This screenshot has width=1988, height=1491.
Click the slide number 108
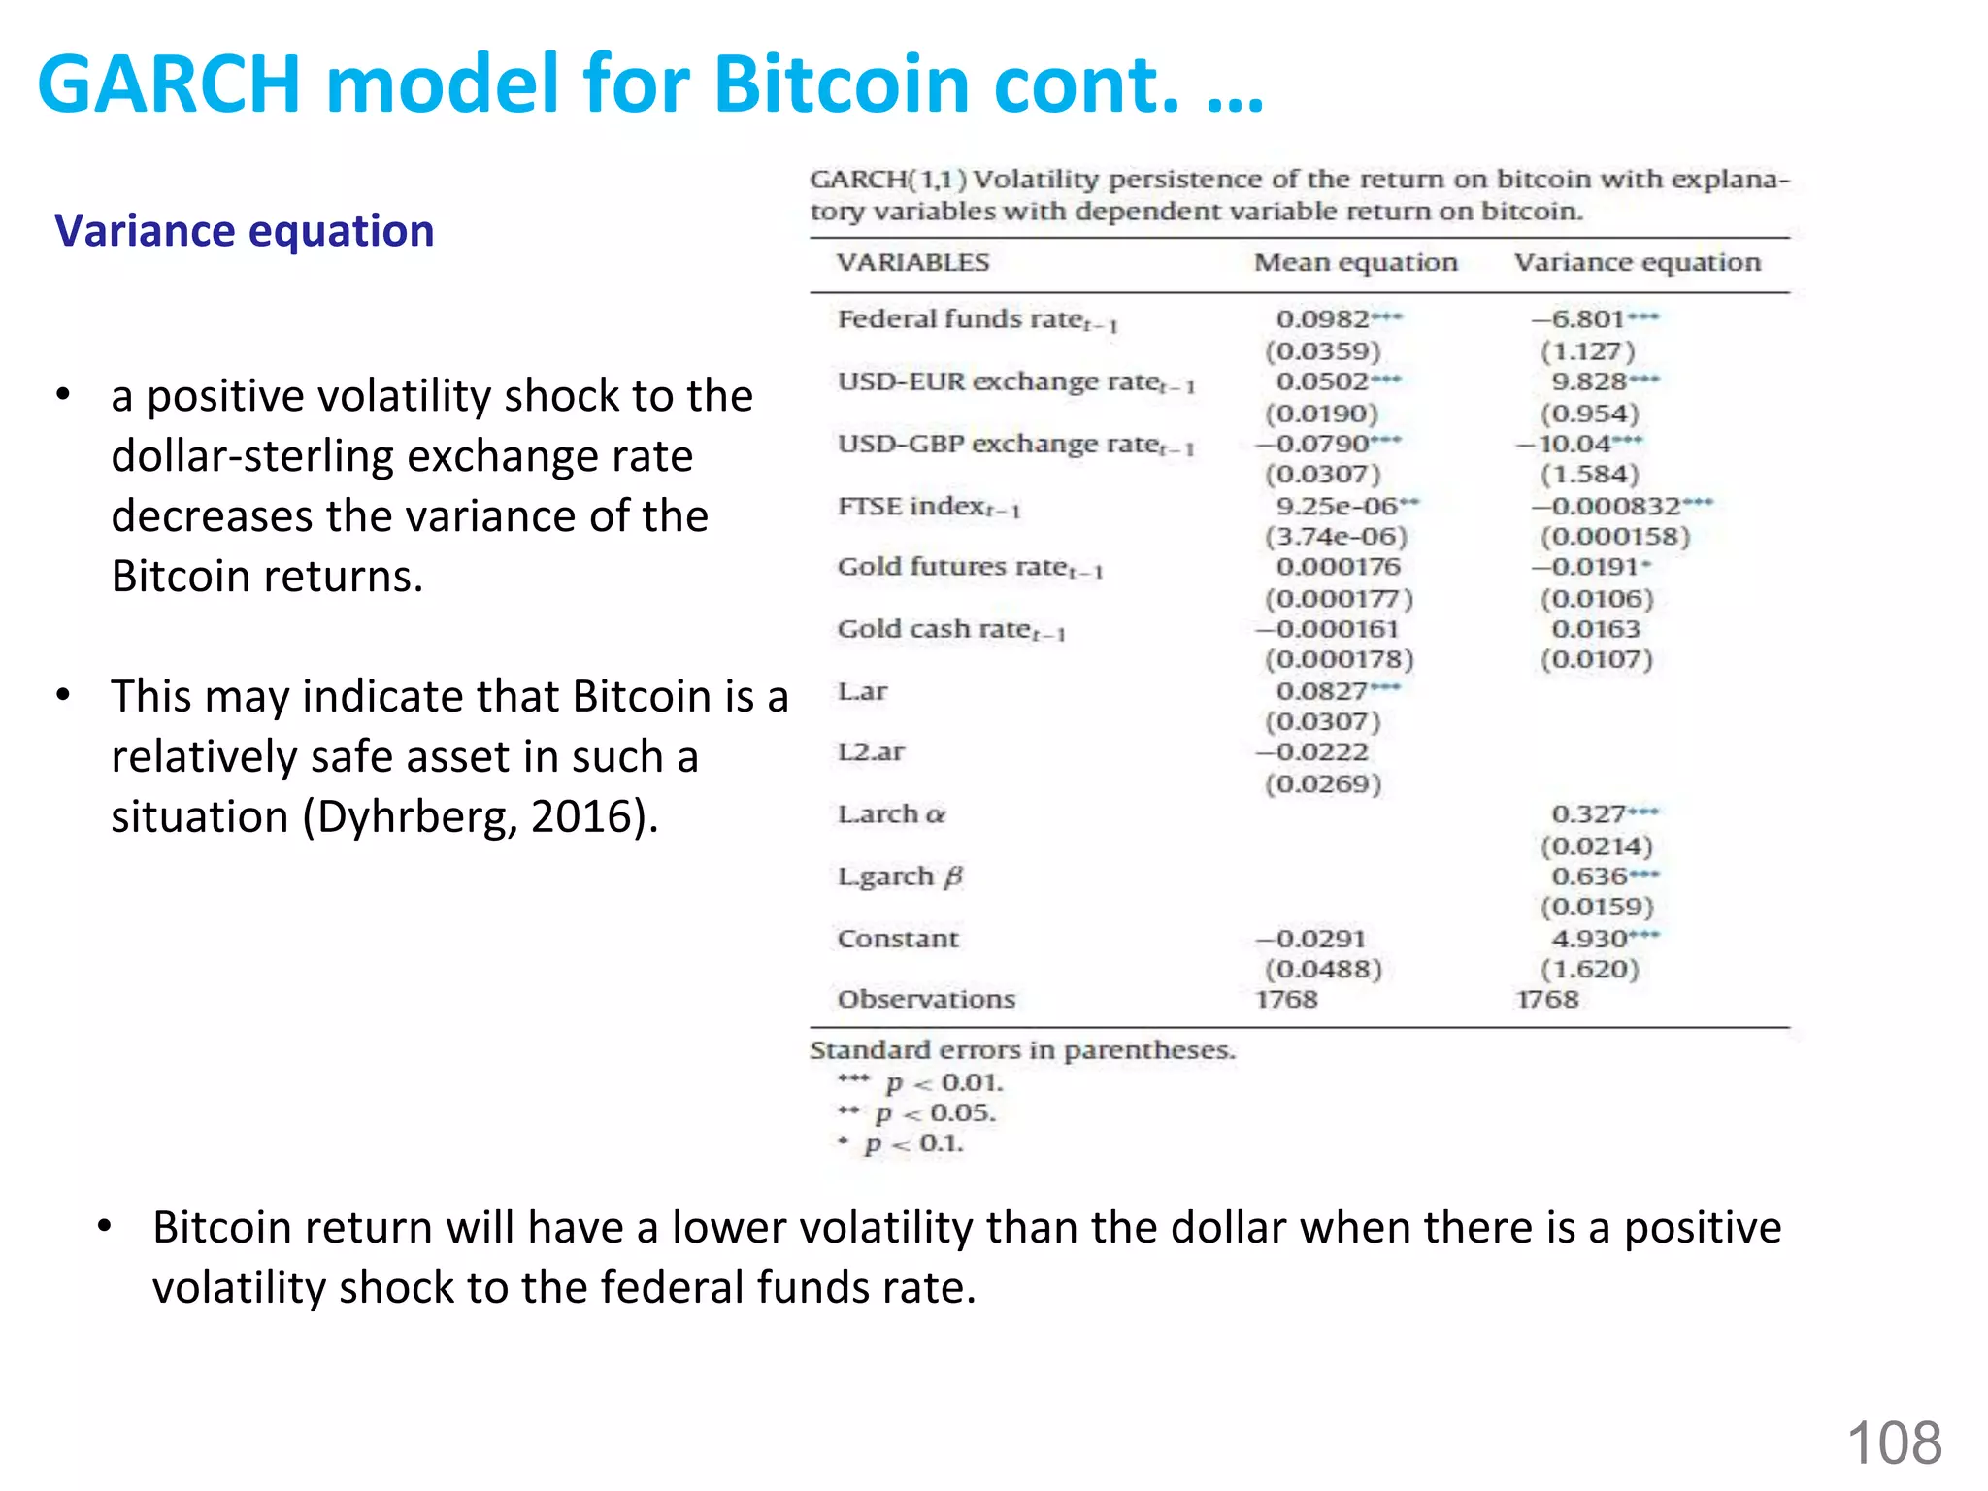click(1894, 1442)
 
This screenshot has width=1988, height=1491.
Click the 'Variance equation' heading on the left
click(244, 231)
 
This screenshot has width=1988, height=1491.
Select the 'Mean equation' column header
click(1355, 262)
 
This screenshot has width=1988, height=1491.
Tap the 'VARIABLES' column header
click(912, 262)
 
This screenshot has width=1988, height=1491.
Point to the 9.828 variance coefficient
click(1589, 381)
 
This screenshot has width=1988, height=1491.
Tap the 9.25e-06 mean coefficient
click(1337, 506)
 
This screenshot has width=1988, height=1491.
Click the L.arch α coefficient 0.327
click(1589, 813)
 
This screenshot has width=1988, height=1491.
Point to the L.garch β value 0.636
click(1589, 877)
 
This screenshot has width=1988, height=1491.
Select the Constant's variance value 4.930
click(1589, 939)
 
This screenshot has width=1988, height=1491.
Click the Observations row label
click(926, 999)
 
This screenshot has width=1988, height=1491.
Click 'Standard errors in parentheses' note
click(1022, 1050)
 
